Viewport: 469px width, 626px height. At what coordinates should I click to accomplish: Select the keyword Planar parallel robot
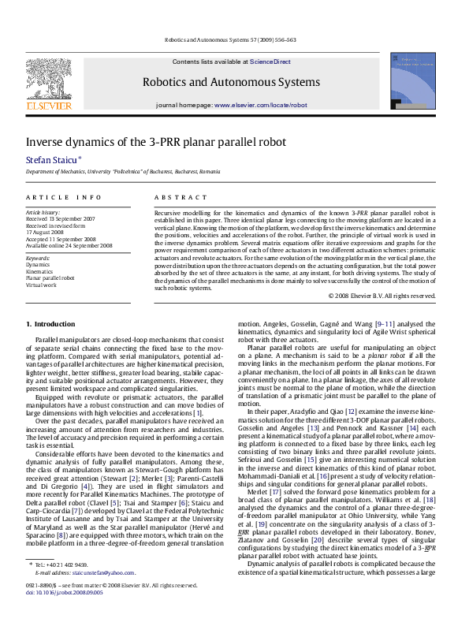pyautogui.click(x=50, y=278)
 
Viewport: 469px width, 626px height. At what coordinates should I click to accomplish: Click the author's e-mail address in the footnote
pyautogui.click(x=90, y=594)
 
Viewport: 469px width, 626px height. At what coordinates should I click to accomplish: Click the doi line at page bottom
pyautogui.click(x=59, y=613)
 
